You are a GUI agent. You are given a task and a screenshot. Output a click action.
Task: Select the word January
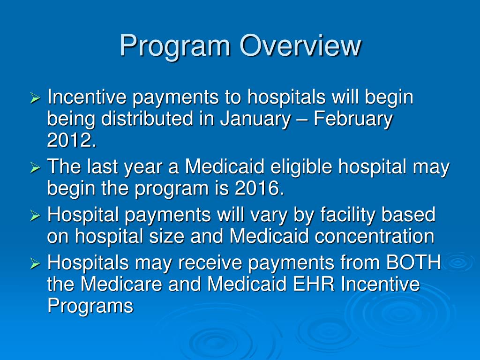(255, 119)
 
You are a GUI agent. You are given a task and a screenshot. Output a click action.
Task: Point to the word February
(353, 119)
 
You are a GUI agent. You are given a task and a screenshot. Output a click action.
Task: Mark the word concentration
(375, 236)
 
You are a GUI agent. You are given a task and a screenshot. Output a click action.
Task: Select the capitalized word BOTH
(413, 263)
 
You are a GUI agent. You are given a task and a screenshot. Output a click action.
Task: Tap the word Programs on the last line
(90, 306)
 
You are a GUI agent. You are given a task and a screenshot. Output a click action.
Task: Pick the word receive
(213, 263)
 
